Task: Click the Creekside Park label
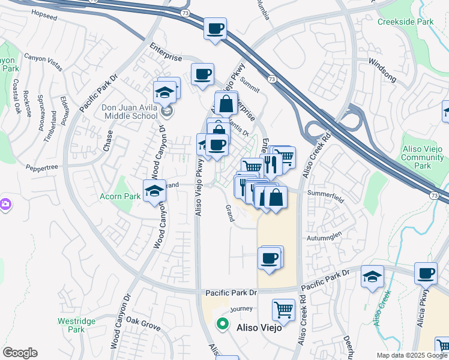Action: pyautogui.click(x=405, y=22)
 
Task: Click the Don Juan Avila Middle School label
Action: pyautogui.click(x=130, y=112)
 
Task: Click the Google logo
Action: pyautogui.click(x=20, y=353)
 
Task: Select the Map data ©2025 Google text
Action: pyautogui.click(x=412, y=355)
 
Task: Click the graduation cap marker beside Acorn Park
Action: pyautogui.click(x=155, y=191)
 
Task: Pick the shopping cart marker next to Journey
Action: pyautogui.click(x=283, y=310)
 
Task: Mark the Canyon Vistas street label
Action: pyautogui.click(x=43, y=58)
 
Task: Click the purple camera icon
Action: pyautogui.click(x=5, y=205)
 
